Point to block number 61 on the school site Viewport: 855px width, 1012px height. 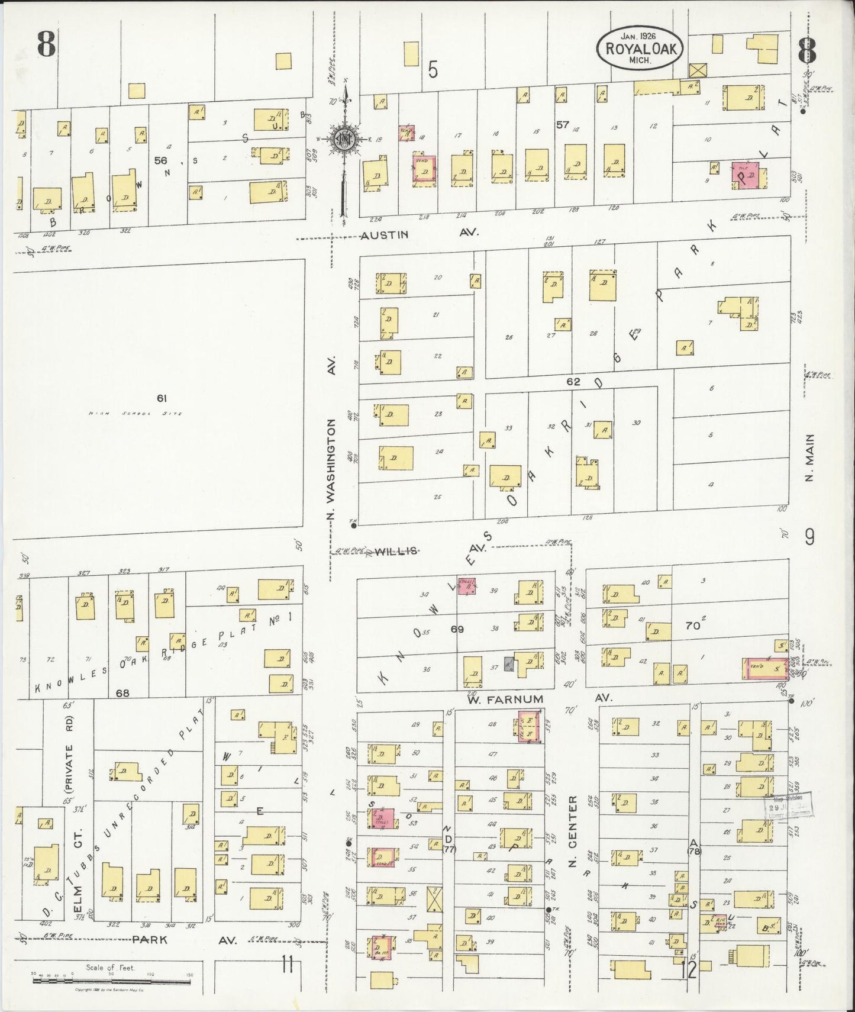pos(161,398)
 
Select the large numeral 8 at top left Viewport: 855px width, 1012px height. pos(47,44)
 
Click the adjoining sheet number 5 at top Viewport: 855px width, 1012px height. pos(433,70)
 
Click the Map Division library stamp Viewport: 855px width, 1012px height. pos(789,807)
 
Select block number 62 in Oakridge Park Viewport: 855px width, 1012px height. pos(573,382)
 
